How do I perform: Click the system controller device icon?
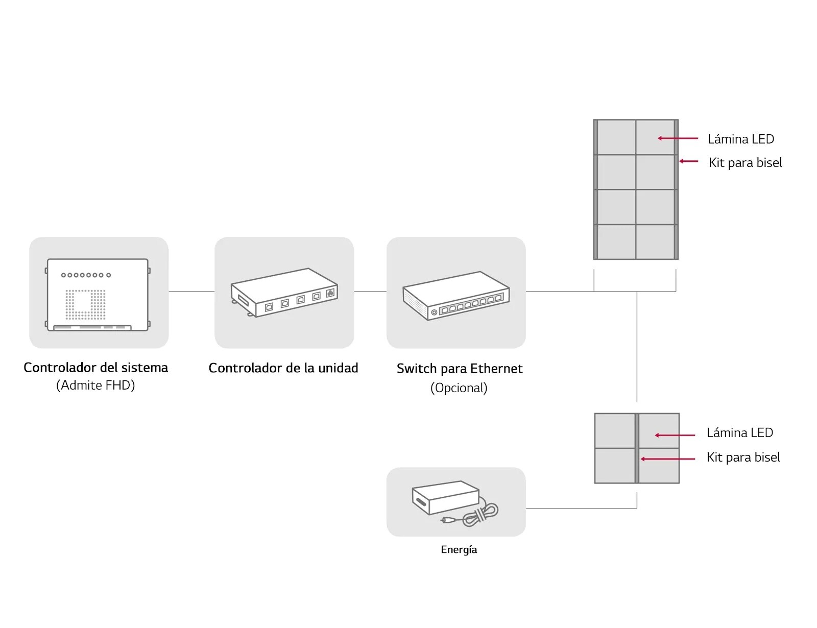[98, 294]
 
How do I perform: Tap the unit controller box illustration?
[284, 293]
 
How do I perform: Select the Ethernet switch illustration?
[455, 296]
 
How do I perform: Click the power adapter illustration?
[455, 503]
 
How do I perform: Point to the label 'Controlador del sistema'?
[95, 367]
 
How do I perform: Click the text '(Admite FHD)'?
[95, 385]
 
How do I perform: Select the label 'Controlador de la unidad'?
[283, 368]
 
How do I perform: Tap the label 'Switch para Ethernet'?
[460, 369]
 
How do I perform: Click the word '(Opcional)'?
[459, 388]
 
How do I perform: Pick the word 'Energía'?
[459, 549]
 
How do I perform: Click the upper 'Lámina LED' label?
[741, 139]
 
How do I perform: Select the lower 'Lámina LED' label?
[739, 432]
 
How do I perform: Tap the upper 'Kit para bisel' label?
[745, 163]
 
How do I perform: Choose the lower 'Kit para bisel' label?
[743, 457]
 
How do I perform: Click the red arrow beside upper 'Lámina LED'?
[678, 138]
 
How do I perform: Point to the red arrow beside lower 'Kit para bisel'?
[668, 459]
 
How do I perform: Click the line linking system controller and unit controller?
[191, 291]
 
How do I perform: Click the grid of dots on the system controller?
[85, 304]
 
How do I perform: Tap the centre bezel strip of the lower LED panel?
[637, 448]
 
